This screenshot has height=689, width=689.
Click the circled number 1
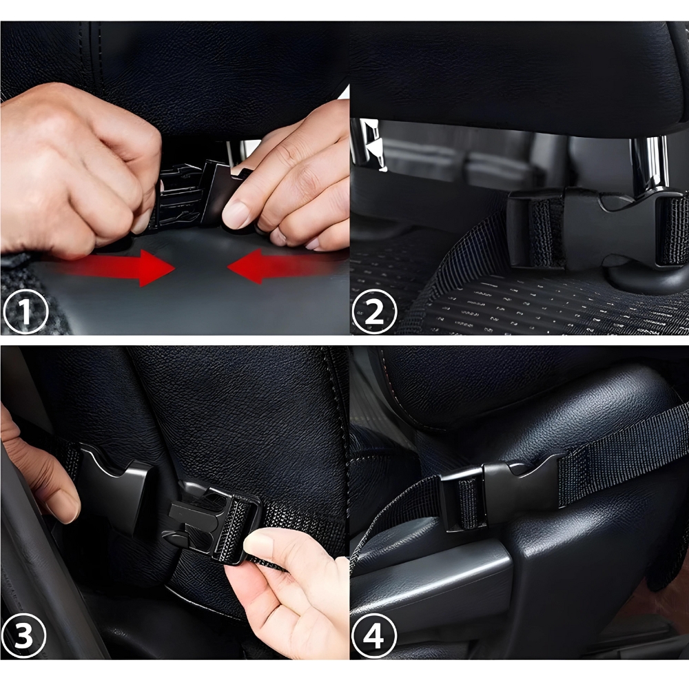(25, 311)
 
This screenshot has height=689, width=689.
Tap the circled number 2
(374, 311)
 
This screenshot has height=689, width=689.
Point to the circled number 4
(374, 635)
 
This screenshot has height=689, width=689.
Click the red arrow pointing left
(286, 266)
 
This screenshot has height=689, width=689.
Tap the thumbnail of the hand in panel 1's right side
(236, 214)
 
